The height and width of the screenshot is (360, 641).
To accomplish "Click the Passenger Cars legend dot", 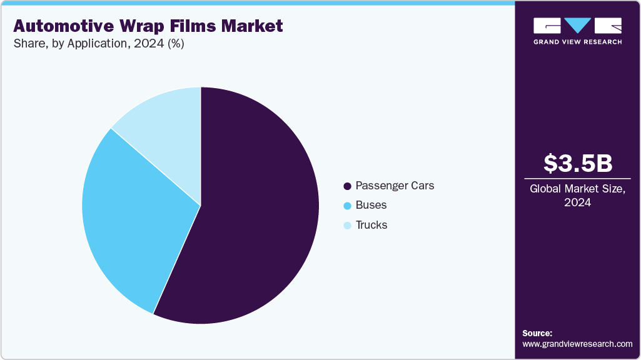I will [x=347, y=186].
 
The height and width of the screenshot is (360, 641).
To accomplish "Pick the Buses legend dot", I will [x=347, y=206].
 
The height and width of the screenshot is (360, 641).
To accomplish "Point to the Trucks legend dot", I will [x=347, y=226].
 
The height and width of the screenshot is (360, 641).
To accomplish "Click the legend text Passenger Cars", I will [x=395, y=186].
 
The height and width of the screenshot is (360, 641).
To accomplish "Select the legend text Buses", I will [x=371, y=205].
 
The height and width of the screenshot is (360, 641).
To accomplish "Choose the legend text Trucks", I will [x=371, y=225].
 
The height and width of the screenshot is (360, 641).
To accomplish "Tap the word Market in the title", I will [x=253, y=26].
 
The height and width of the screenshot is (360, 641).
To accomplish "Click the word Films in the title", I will [x=196, y=26].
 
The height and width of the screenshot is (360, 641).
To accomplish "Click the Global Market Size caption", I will [x=577, y=189].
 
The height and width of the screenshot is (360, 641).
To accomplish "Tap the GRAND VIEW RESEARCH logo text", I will [x=577, y=42].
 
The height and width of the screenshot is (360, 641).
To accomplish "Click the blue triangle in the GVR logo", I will [x=577, y=26].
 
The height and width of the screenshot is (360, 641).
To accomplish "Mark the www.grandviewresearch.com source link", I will [x=577, y=344].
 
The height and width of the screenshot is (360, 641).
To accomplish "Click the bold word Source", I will [x=537, y=333].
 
